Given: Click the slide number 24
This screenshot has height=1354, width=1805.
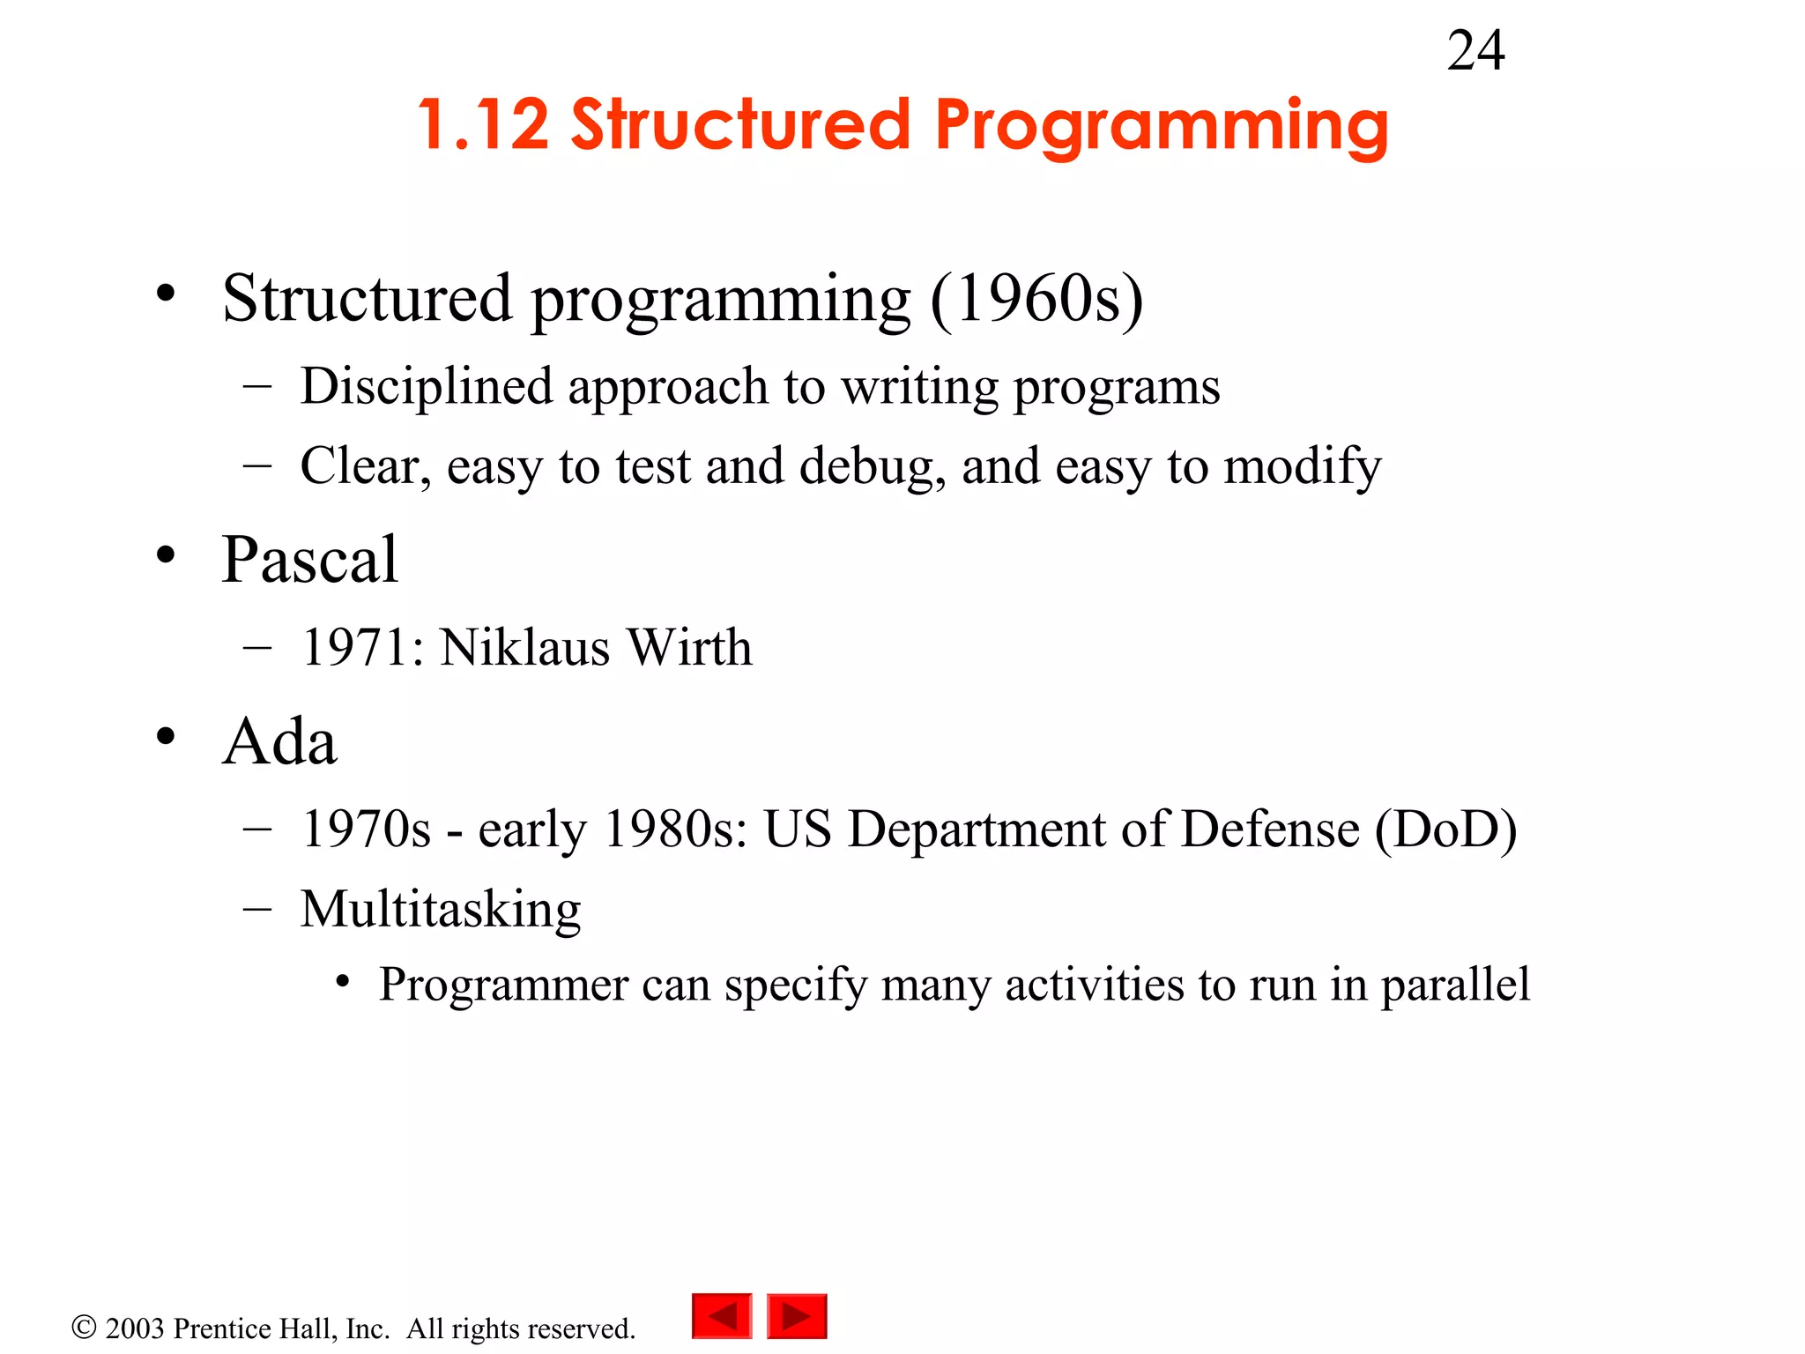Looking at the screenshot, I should pyautogui.click(x=1475, y=51).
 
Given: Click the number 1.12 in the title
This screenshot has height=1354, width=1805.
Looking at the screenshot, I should pyautogui.click(x=483, y=125).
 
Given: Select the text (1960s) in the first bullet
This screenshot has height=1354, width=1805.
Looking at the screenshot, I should pyautogui.click(x=1036, y=300).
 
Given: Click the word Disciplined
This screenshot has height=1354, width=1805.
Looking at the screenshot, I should pyautogui.click(x=427, y=388).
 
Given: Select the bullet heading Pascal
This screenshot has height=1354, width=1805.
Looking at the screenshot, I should pyautogui.click(x=309, y=560).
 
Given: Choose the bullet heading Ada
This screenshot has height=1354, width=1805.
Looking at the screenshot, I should pyautogui.click(x=279, y=742).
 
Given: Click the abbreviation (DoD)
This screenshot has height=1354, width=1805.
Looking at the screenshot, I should pyautogui.click(x=1445, y=830).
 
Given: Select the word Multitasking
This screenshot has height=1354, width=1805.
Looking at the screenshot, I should pyautogui.click(x=441, y=910).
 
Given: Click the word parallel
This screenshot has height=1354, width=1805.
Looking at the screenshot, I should pyautogui.click(x=1455, y=986).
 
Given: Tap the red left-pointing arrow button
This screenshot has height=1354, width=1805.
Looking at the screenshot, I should pyautogui.click(x=722, y=1316).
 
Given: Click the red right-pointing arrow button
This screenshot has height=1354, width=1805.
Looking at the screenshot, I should pyautogui.click(x=797, y=1316).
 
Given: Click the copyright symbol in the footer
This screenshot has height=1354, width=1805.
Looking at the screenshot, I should pyautogui.click(x=84, y=1327).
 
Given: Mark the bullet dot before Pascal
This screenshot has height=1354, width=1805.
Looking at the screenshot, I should pyautogui.click(x=166, y=556).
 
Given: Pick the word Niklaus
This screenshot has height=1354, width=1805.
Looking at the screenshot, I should pyautogui.click(x=524, y=648).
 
